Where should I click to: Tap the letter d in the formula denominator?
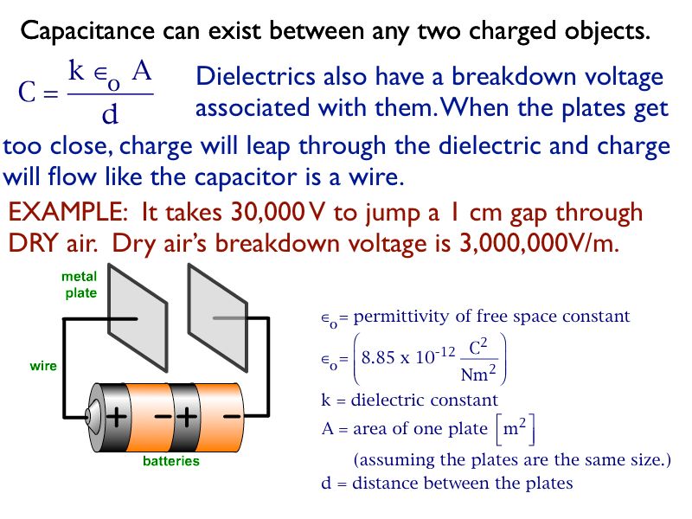click(x=110, y=114)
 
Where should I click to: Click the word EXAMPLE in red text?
click(x=67, y=213)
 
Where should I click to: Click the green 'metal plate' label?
click(x=80, y=285)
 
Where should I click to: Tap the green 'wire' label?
click(x=43, y=366)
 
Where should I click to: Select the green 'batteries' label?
click(x=170, y=461)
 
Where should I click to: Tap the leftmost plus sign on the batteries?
click(x=115, y=417)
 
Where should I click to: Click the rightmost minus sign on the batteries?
click(x=231, y=416)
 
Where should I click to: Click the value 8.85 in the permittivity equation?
click(x=378, y=357)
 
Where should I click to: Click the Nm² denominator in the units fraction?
click(x=477, y=374)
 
